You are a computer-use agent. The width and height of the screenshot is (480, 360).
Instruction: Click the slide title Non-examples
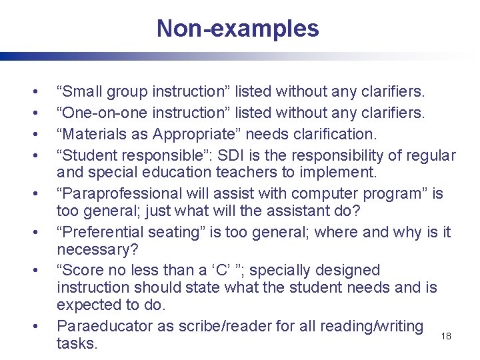point(238,29)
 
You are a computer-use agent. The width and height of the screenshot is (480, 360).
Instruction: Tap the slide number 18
point(446,336)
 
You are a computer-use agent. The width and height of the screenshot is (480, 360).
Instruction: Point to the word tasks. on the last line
point(77,344)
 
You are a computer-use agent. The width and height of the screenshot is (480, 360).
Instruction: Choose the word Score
point(82,271)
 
